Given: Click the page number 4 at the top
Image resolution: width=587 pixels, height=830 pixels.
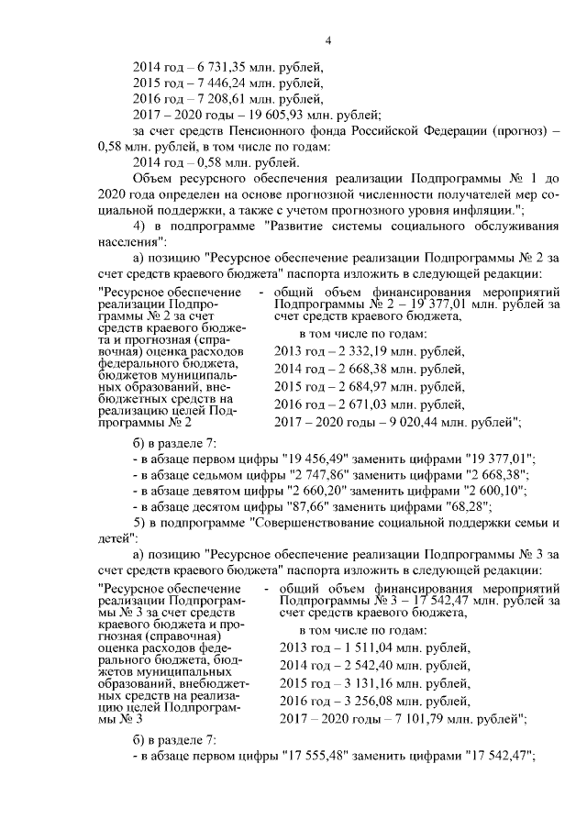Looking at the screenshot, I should point(327,39).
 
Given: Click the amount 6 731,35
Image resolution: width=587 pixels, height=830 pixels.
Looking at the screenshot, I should point(212,67).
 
